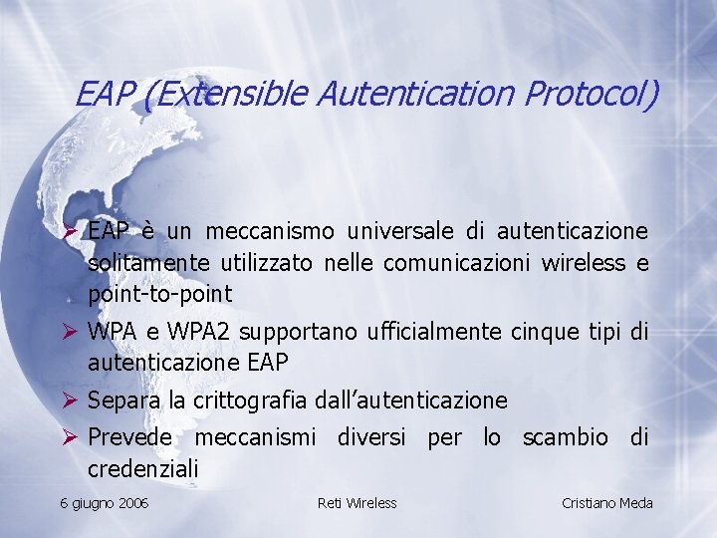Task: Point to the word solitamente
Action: (x=146, y=263)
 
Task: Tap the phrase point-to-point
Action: (x=159, y=294)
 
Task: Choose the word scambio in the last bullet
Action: (x=565, y=437)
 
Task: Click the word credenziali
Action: (x=143, y=468)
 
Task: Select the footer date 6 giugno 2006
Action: (x=105, y=503)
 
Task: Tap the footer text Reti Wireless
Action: (x=357, y=503)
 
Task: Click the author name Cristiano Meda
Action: (x=607, y=503)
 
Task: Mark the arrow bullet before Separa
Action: (x=70, y=401)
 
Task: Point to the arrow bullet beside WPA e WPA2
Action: (x=70, y=331)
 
